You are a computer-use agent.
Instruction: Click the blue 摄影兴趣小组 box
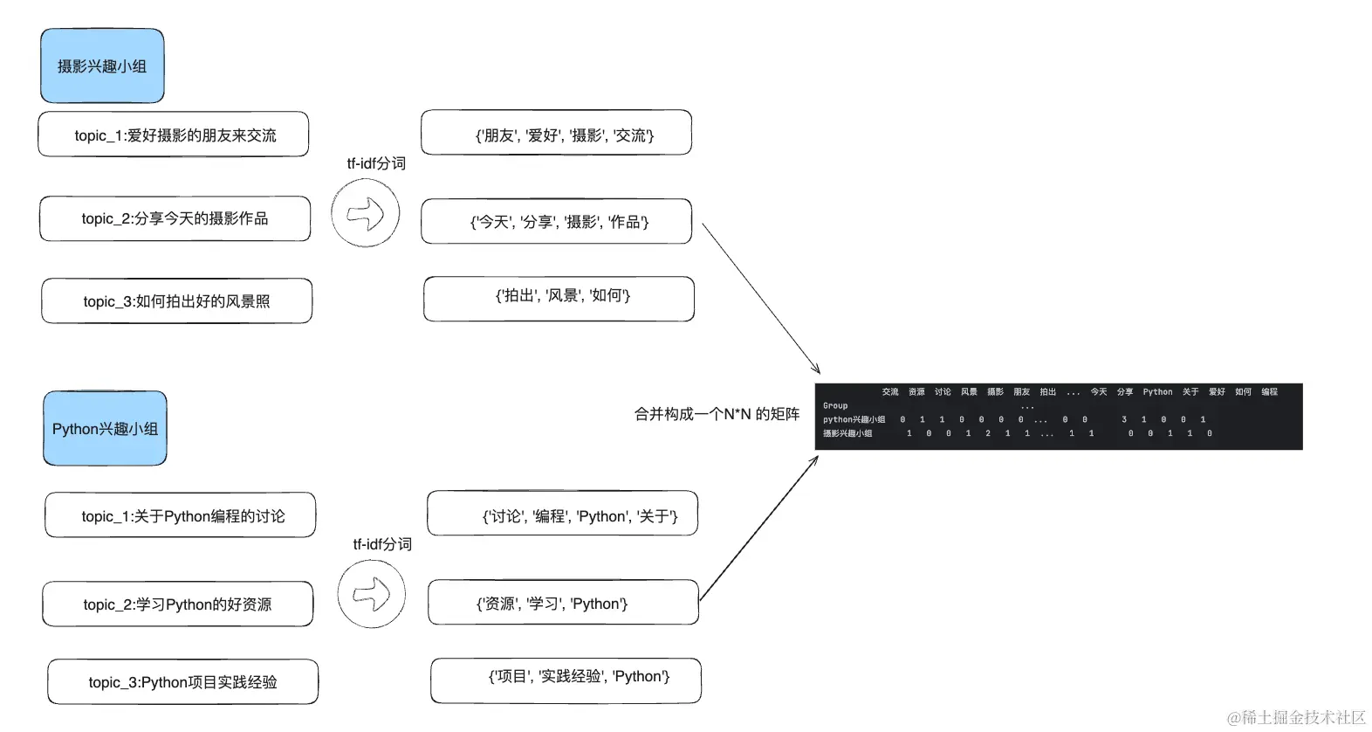[102, 66]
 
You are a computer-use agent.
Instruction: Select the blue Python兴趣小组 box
[105, 429]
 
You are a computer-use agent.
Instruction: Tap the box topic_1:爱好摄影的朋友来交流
[174, 135]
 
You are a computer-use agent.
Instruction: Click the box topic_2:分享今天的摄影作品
[175, 218]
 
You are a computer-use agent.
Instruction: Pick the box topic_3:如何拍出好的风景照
[176, 301]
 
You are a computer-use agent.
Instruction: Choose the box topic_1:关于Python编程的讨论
[181, 515]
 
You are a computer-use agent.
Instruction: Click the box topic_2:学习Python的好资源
[177, 604]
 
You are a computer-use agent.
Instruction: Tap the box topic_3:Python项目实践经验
[182, 682]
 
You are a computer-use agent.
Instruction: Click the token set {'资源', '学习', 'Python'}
[563, 603]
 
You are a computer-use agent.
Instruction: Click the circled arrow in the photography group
[366, 213]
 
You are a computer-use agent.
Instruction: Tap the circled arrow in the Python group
[372, 594]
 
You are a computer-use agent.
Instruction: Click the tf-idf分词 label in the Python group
[382, 544]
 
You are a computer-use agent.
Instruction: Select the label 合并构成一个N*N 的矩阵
[717, 414]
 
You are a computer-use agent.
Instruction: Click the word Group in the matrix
[835, 405]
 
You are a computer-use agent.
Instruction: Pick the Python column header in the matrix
[1157, 392]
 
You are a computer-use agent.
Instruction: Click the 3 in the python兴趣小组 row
[1124, 419]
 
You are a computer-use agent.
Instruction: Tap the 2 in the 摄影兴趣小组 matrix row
[988, 433]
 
